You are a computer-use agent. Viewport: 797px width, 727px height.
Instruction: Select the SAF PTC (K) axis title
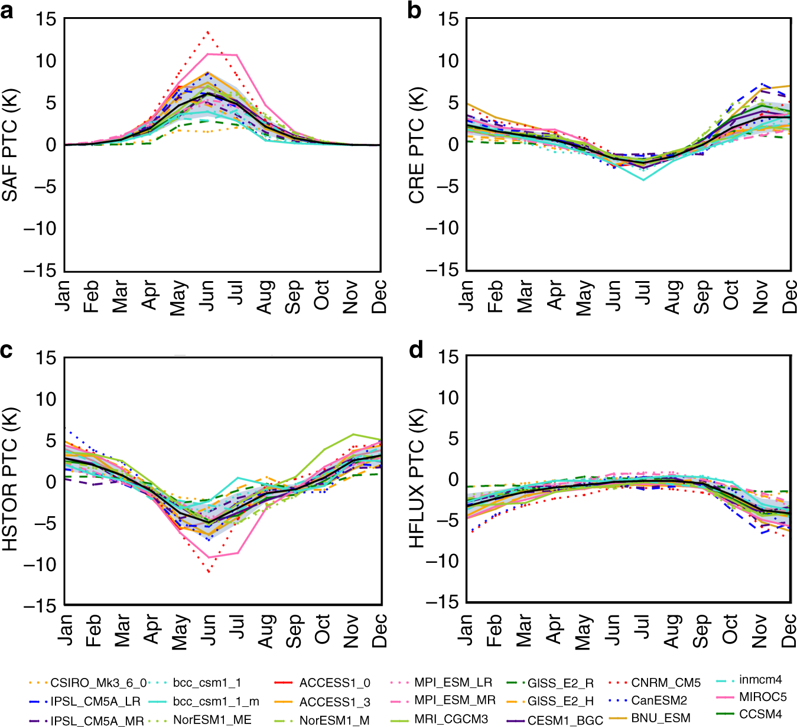(11, 145)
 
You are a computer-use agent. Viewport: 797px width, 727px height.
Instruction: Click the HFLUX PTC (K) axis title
(417, 478)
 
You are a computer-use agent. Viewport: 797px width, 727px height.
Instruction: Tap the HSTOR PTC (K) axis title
(11, 480)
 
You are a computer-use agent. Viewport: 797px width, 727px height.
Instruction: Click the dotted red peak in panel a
(207, 32)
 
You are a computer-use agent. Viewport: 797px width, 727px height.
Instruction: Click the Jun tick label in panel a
(207, 293)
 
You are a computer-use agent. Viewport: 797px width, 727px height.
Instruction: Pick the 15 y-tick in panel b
(448, 19)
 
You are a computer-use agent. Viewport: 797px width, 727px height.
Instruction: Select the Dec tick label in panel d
(789, 631)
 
